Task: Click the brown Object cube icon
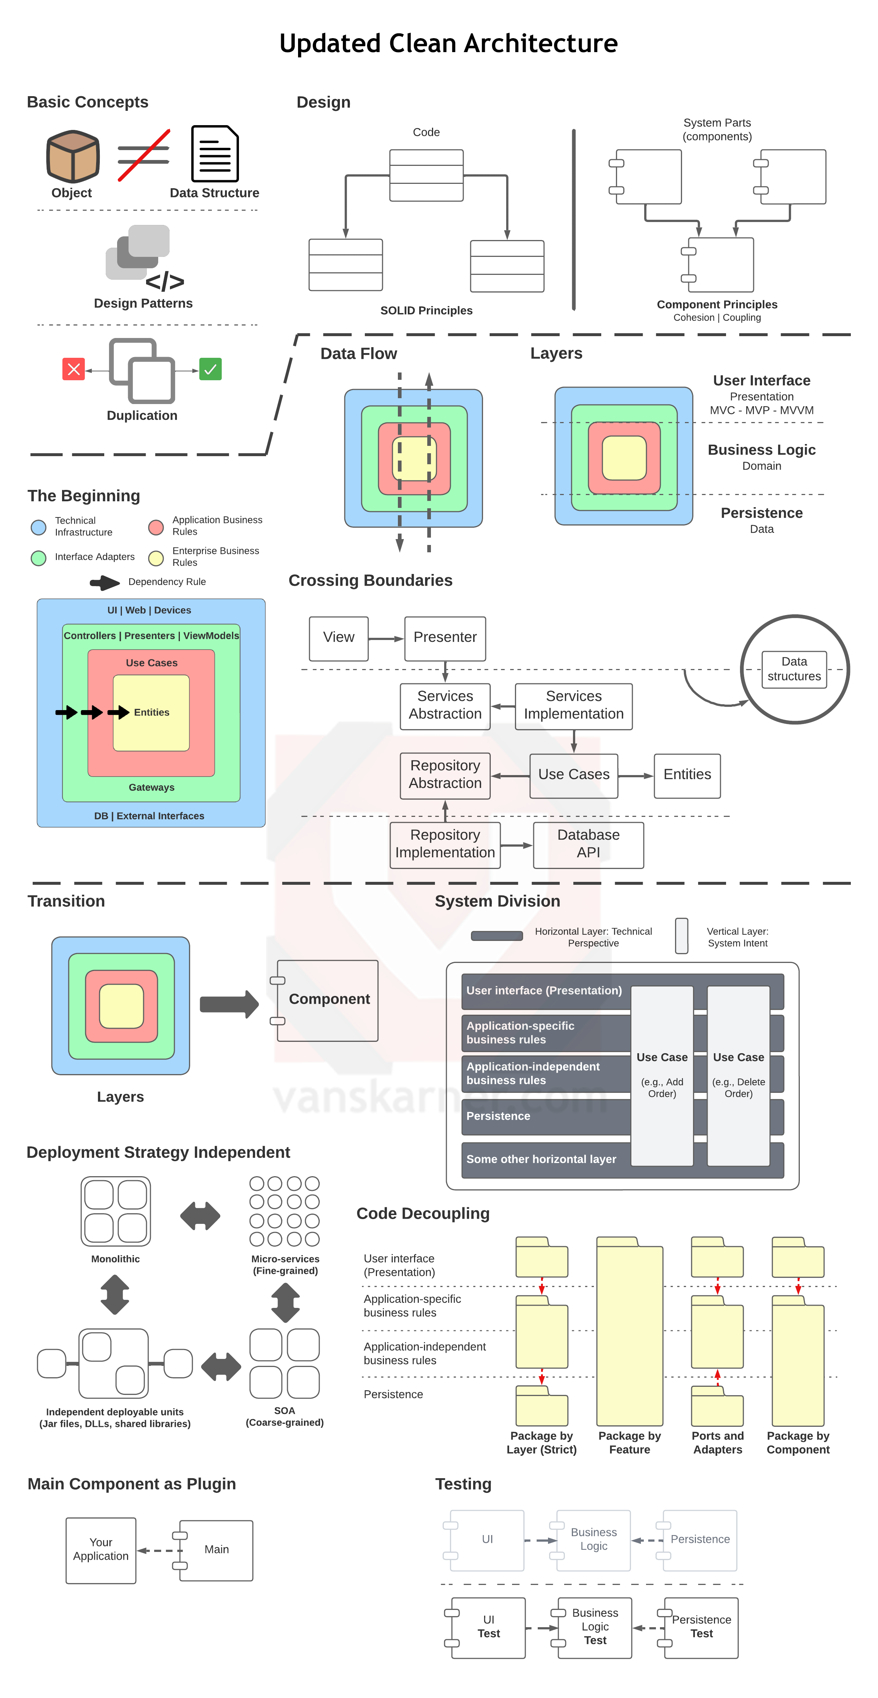[73, 156]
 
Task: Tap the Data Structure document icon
[214, 154]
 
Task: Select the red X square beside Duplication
[74, 369]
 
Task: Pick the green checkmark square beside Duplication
[210, 369]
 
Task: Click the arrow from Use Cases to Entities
[635, 776]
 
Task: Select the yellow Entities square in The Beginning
[151, 713]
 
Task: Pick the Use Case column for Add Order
[662, 1076]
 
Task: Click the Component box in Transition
[328, 1000]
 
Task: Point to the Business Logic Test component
[595, 1628]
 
